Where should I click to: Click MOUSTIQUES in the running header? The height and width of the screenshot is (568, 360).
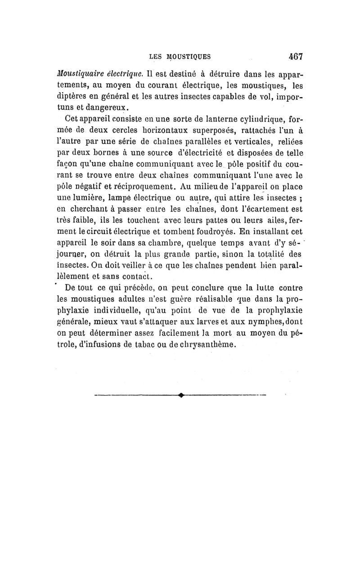click(x=183, y=57)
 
